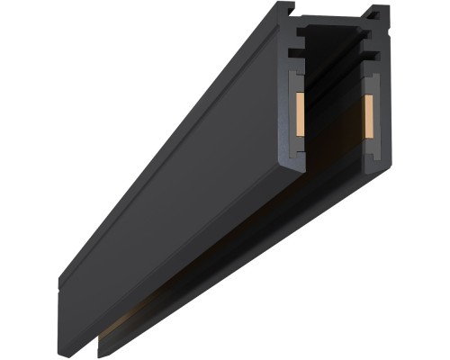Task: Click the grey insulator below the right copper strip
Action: pyautogui.click(x=368, y=139)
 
